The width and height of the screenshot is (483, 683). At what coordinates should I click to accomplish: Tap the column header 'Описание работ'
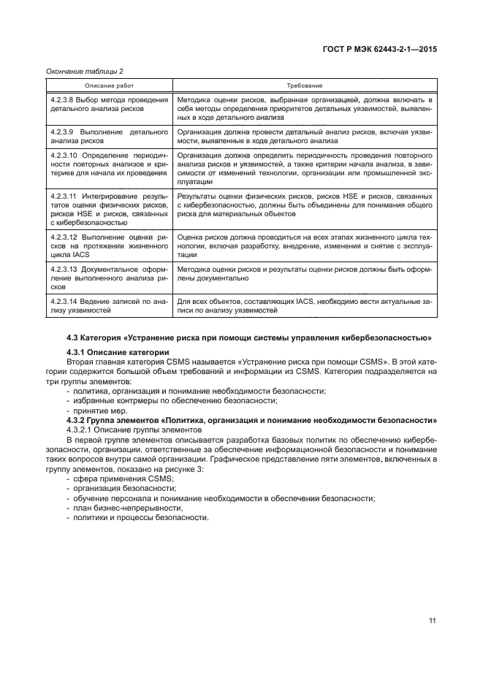pyautogui.click(x=108, y=86)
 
